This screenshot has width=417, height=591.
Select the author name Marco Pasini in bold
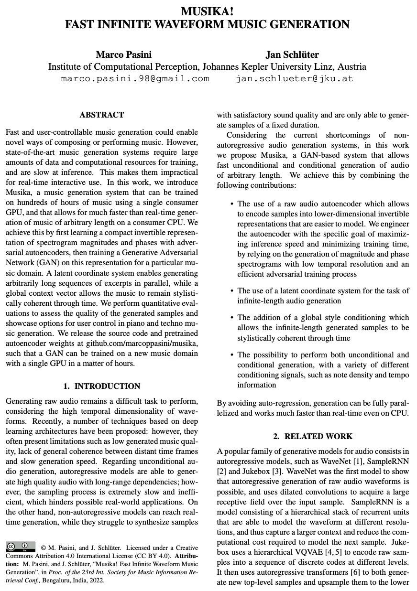[123, 54]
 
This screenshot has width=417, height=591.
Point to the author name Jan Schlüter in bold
[293, 54]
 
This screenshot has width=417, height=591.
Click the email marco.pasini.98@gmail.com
[135, 78]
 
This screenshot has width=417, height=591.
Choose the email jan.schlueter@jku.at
[294, 78]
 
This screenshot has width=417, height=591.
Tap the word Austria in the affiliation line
[351, 66]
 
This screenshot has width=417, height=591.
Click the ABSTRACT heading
[101, 115]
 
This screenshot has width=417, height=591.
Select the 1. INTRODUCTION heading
[101, 386]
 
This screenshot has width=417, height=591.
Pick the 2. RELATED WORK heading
[313, 436]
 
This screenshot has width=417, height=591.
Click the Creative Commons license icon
[21, 546]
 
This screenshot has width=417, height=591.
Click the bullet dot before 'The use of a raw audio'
[231, 204]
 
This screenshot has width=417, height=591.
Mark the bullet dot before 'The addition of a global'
[231, 318]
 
